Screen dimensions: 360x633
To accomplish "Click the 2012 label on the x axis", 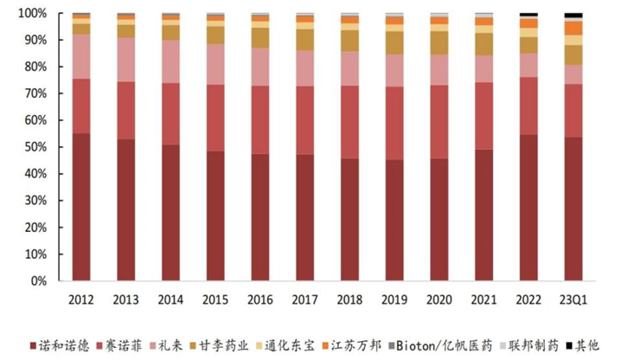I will coord(81,299).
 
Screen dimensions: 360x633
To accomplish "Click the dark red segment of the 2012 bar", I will coord(81,208).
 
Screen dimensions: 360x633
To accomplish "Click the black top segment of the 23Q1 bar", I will coord(572,16).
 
